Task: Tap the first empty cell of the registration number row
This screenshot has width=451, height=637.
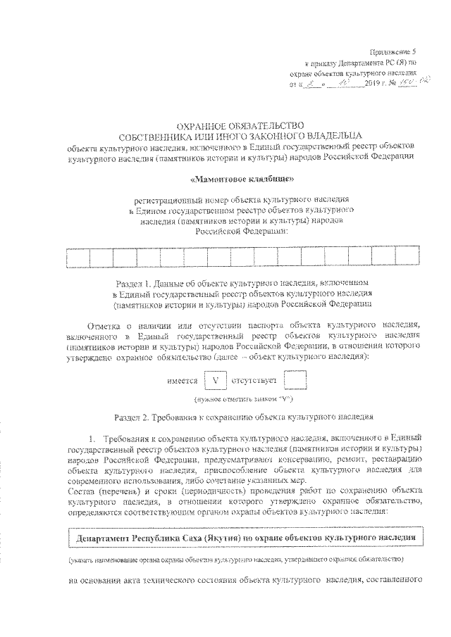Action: click(54, 259)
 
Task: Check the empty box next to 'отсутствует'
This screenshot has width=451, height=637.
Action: click(295, 381)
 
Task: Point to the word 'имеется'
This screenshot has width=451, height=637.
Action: click(182, 381)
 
